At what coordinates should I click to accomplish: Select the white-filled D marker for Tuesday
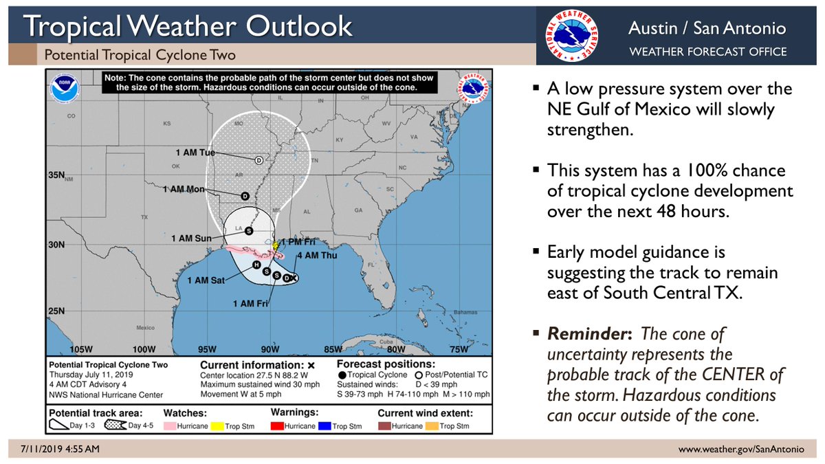point(259,159)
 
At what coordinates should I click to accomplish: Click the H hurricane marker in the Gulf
point(256,265)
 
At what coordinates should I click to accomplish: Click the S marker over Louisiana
point(248,231)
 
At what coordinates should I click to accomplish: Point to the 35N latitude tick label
point(56,175)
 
